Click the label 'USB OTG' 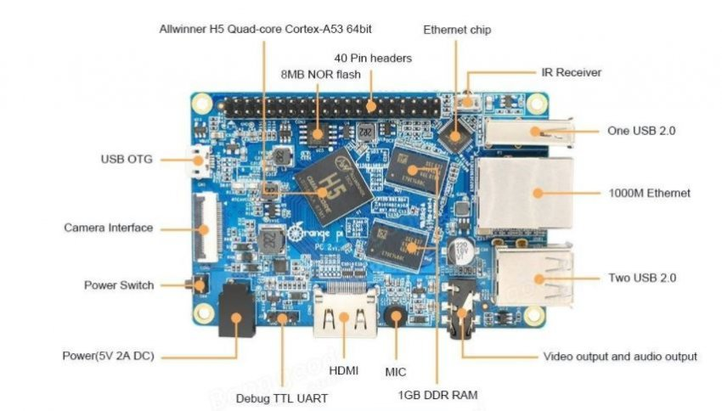[127, 159]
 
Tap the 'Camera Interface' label [109, 228]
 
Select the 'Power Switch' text [119, 285]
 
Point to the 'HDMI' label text [343, 371]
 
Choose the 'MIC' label [396, 371]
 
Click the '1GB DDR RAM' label [437, 394]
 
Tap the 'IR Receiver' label [571, 72]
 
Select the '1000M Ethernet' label [649, 193]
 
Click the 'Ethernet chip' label [457, 30]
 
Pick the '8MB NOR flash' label [321, 75]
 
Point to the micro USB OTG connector [200, 159]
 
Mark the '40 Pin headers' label [373, 58]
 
